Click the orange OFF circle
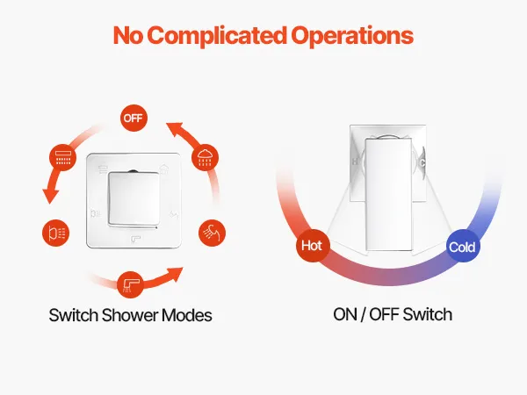click(134, 118)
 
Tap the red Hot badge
click(312, 246)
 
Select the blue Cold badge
click(463, 246)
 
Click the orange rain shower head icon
click(205, 157)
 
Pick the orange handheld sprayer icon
click(212, 233)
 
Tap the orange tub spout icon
click(130, 284)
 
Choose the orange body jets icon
click(56, 233)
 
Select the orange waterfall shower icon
click(63, 157)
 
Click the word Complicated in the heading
click(217, 35)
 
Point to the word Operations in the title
click(352, 36)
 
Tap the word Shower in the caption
click(129, 315)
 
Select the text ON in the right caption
click(345, 314)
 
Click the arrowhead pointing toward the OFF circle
click(176, 129)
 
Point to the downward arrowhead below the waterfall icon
click(50, 196)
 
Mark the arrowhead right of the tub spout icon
click(175, 273)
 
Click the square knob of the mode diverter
click(134, 199)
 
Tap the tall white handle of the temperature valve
click(388, 194)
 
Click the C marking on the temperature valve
click(422, 163)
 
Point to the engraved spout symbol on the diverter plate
click(135, 239)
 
